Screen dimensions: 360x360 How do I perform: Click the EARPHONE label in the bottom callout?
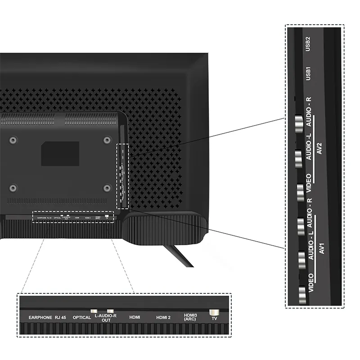tap(40, 317)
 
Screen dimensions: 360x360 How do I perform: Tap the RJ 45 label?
tap(61, 317)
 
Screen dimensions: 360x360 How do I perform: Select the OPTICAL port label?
tap(82, 317)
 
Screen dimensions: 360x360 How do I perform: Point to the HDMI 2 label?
tap(163, 317)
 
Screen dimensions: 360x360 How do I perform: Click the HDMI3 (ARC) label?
tap(190, 317)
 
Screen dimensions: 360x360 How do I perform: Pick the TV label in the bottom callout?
tap(214, 318)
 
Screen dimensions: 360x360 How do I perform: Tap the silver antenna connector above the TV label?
tap(214, 311)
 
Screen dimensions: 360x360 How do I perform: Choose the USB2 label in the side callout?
tap(308, 45)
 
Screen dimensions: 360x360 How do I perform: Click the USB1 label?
tap(308, 74)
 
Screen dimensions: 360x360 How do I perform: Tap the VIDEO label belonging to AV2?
tap(309, 182)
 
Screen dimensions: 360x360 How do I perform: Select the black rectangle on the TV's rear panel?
tap(60, 153)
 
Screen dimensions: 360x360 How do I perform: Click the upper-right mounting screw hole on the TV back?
tap(107, 140)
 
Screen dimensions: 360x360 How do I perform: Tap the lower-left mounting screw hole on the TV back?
tap(13, 188)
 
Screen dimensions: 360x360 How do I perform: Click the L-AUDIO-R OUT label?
tap(106, 318)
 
